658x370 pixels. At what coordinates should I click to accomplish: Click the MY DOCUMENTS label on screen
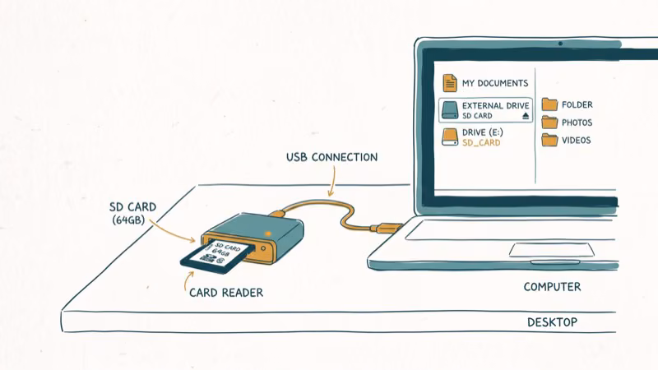tap(494, 83)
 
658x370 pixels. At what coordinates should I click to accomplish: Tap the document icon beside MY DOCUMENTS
tap(449, 83)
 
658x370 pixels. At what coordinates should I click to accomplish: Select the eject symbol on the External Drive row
tap(526, 116)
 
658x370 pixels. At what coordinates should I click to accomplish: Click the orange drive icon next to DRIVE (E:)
tap(449, 136)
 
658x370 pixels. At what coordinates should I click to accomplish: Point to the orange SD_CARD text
tap(481, 143)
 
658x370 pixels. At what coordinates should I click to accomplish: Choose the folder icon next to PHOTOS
tap(549, 123)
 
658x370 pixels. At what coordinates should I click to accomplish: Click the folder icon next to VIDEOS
tap(549, 140)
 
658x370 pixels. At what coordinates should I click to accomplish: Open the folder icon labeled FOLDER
tap(549, 104)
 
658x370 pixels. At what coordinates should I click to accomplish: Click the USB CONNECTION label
tap(331, 157)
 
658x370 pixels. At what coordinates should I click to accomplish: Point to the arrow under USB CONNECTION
tap(331, 182)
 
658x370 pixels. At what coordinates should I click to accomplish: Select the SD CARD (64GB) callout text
tap(133, 213)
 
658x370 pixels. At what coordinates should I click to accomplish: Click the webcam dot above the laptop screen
tap(560, 43)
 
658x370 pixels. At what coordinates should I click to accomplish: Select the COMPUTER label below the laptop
tap(552, 287)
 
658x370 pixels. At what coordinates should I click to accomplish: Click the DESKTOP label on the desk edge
tap(552, 322)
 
